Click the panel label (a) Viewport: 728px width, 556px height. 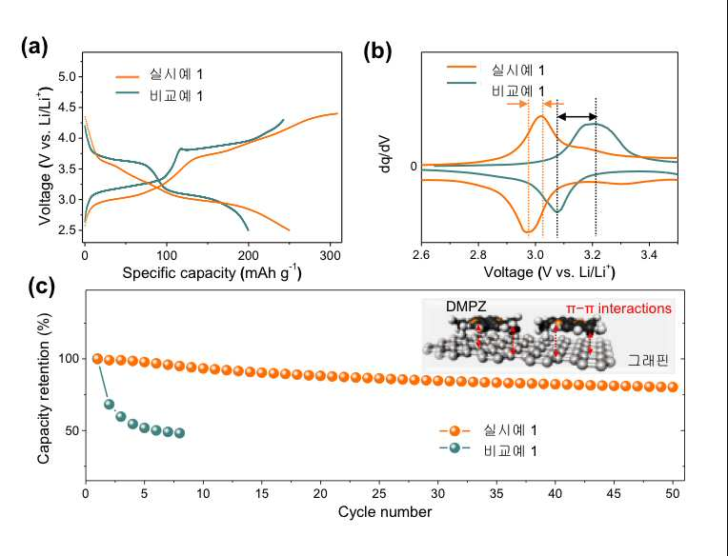[x=34, y=47]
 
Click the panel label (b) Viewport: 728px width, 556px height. [x=377, y=50]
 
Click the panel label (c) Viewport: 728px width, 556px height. [x=41, y=287]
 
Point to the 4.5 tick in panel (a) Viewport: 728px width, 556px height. [x=69, y=108]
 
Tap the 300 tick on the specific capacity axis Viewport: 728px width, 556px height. [x=330, y=254]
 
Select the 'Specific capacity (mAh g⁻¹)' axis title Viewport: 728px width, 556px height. [x=212, y=272]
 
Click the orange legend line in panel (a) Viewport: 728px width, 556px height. [x=128, y=76]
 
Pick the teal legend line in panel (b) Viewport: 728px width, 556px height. [x=461, y=83]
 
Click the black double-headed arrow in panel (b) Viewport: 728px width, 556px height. [x=576, y=117]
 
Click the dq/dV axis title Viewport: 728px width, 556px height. [x=385, y=154]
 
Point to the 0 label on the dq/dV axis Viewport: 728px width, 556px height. [x=414, y=166]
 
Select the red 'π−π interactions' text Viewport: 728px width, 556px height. [x=618, y=308]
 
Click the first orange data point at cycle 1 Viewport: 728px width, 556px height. [x=97, y=359]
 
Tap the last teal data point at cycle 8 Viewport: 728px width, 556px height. [x=180, y=433]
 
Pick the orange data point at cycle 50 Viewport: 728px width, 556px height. [x=673, y=387]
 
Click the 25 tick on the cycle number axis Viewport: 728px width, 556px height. [x=379, y=493]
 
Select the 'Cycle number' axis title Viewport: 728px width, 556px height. [x=385, y=512]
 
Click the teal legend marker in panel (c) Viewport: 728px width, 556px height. [x=455, y=448]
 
